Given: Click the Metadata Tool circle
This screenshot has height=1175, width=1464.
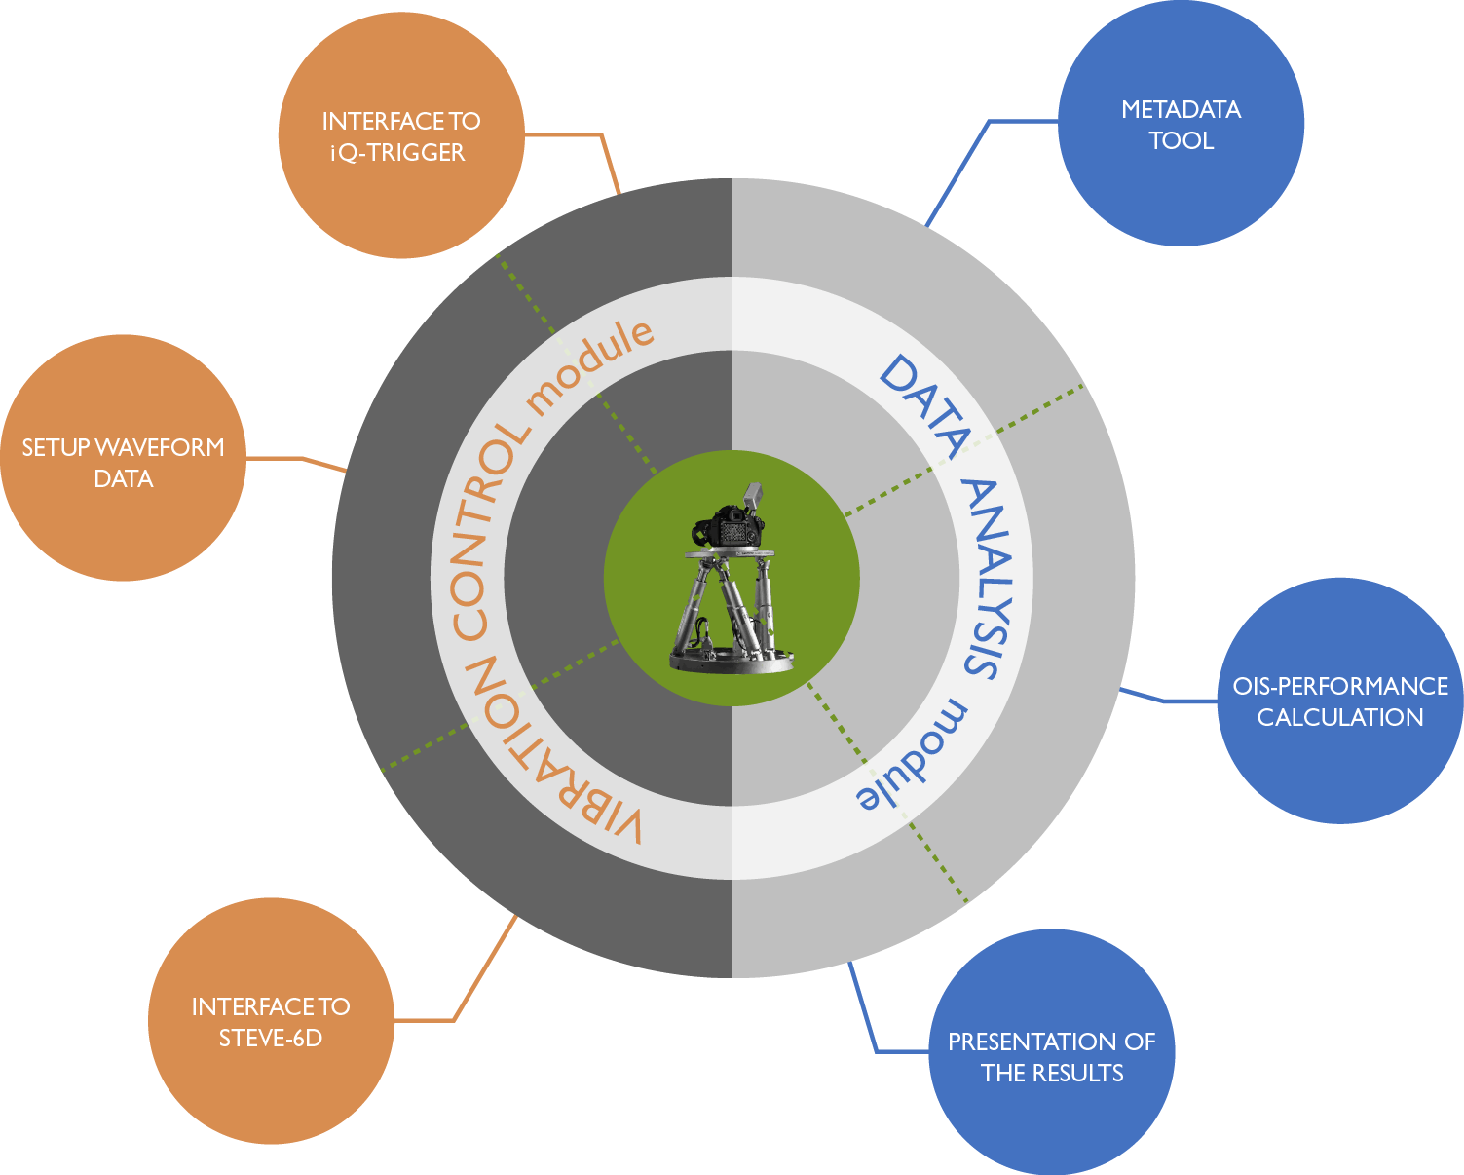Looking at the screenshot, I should point(1181,124).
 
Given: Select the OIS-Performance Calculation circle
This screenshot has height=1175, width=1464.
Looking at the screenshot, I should point(1340,701).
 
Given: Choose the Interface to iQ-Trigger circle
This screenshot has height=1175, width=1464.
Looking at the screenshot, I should point(400,136).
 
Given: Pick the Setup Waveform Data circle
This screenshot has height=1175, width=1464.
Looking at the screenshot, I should point(123,458).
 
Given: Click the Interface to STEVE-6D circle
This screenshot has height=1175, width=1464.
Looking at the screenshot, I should point(271,1021).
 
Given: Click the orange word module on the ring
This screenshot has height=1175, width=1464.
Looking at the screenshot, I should point(590,365).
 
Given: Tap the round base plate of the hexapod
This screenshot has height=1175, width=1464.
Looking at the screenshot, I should point(732,660).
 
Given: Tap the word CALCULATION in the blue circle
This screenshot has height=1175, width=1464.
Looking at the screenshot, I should point(1340,717).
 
